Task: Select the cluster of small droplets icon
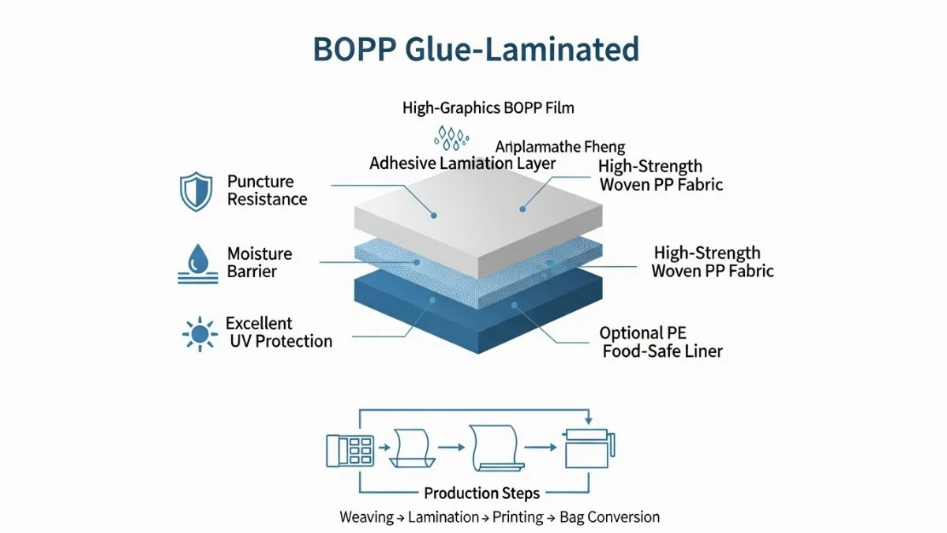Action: point(451,137)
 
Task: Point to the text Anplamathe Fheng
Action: point(560,147)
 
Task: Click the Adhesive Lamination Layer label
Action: point(462,164)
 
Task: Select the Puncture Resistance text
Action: point(267,190)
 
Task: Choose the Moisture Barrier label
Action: point(260,262)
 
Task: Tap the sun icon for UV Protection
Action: point(200,333)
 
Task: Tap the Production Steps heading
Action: point(481,494)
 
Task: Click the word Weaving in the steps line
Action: point(366,517)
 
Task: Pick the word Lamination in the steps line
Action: point(436,517)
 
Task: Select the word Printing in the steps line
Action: point(518,517)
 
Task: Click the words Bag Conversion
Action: point(609,517)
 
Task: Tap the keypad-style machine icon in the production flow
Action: point(350,449)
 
